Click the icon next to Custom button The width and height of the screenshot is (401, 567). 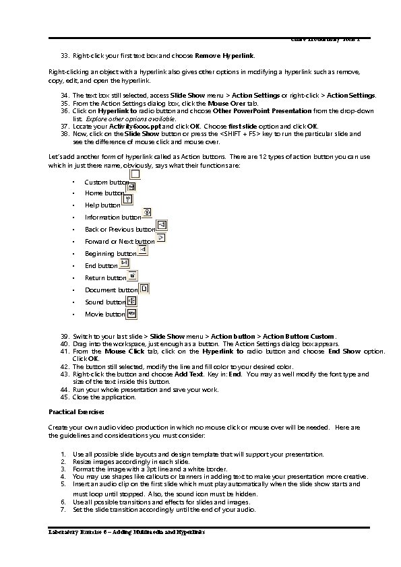[135, 175]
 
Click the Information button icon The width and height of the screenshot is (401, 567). [148, 211]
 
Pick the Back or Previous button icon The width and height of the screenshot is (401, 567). [162, 225]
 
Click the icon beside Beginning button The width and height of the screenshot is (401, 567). [142, 250]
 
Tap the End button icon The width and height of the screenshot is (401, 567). [125, 263]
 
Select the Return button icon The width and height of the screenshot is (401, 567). [133, 275]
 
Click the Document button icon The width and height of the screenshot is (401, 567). [144, 288]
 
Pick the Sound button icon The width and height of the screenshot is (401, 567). [131, 300]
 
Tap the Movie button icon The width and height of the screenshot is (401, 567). [131, 313]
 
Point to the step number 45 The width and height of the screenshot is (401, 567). [65, 397]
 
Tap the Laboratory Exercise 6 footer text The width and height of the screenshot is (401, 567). [126, 532]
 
